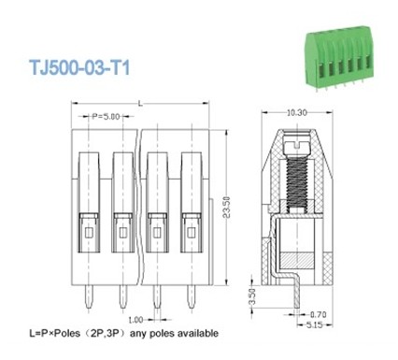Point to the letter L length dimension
[x=139, y=101]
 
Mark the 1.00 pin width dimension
[x=135, y=318]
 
